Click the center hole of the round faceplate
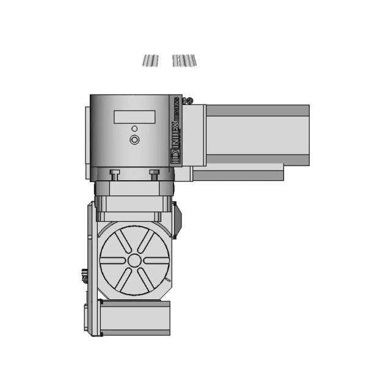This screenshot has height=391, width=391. click(x=134, y=260)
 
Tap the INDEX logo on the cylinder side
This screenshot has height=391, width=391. click(x=175, y=130)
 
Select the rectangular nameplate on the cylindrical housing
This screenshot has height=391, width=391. click(x=134, y=116)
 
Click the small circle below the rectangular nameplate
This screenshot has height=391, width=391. click(x=134, y=128)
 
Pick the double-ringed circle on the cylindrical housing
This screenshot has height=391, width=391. click(x=134, y=140)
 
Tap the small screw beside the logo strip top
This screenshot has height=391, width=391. click(x=191, y=101)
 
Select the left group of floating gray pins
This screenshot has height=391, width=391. click(x=150, y=60)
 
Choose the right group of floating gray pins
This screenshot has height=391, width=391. click(x=184, y=60)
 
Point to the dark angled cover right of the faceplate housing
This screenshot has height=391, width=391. click(x=177, y=220)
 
